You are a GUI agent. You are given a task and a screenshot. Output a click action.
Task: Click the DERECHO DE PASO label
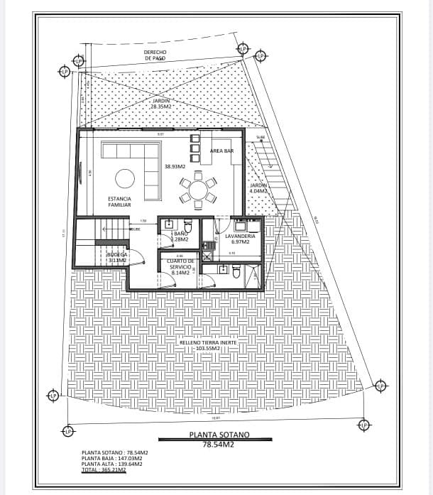(155, 55)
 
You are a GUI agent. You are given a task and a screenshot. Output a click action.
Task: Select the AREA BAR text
(221, 151)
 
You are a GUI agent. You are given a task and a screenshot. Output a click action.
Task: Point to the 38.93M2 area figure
(175, 167)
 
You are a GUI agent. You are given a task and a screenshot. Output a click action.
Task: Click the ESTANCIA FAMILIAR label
(119, 201)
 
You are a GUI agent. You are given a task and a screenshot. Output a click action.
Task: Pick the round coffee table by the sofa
(126, 178)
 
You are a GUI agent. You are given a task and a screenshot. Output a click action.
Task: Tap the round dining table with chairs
(197, 190)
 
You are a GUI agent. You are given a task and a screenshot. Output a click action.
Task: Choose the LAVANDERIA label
(240, 235)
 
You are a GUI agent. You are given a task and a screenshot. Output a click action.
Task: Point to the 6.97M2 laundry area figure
(240, 242)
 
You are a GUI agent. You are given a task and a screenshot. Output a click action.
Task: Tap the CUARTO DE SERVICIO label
(181, 263)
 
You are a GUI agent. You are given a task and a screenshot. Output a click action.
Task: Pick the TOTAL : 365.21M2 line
(104, 469)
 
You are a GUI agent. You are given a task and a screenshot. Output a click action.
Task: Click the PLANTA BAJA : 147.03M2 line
(112, 458)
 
